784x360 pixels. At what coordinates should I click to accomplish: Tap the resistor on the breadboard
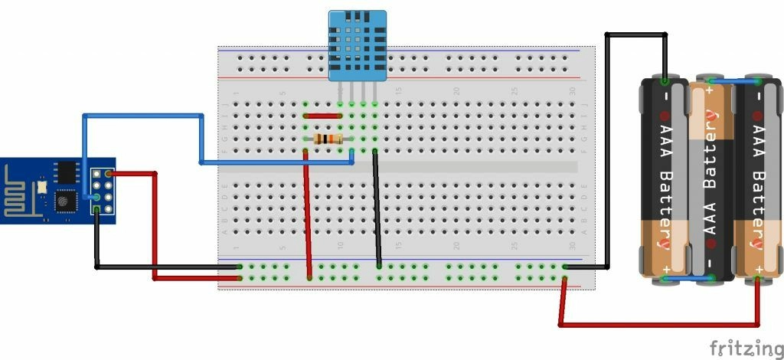[328, 139]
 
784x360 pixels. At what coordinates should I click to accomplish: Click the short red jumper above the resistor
[322, 116]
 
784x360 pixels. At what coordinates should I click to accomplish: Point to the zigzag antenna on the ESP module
[17, 195]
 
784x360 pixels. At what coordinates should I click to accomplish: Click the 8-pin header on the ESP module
[102, 191]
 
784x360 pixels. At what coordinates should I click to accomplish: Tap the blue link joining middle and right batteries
[733, 80]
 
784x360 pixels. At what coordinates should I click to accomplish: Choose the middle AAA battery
[710, 180]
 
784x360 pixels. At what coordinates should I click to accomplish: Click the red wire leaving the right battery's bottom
[658, 326]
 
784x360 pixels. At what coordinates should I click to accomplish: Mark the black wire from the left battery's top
[635, 34]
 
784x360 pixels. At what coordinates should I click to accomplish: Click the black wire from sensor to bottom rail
[377, 207]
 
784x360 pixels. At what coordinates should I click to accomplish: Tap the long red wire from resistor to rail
[307, 214]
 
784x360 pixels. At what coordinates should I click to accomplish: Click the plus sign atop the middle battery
[710, 90]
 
